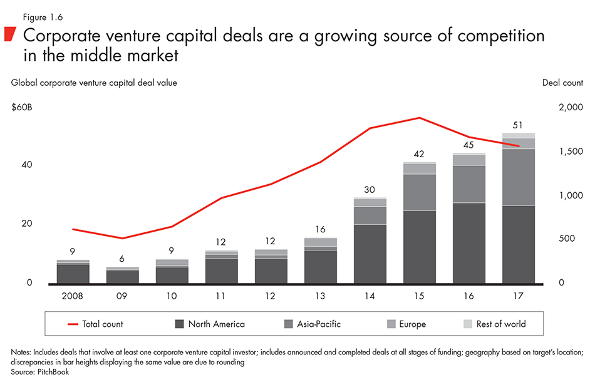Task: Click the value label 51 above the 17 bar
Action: tap(517, 125)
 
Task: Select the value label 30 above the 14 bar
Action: tap(370, 190)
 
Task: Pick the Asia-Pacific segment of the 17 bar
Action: tap(519, 177)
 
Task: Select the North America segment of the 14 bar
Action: tap(370, 253)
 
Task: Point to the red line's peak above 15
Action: tap(420, 118)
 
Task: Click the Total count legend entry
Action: tap(95, 324)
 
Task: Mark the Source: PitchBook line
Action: tap(39, 371)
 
